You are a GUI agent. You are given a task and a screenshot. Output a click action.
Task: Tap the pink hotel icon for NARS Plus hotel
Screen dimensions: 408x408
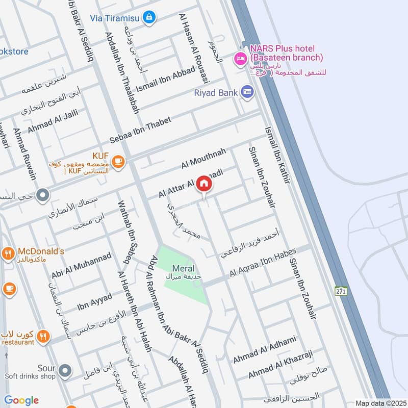click(240, 59)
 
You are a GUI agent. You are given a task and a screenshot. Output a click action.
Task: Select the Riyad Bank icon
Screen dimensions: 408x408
click(247, 92)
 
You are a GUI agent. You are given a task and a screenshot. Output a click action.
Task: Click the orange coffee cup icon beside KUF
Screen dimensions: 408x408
click(118, 162)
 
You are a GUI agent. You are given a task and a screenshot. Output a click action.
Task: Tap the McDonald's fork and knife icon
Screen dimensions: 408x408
click(8, 252)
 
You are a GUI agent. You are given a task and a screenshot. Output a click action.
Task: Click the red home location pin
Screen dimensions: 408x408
click(204, 185)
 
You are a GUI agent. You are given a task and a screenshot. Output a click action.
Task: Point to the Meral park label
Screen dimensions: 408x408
click(183, 269)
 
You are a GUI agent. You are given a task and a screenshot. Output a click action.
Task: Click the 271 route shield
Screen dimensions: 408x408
click(341, 291)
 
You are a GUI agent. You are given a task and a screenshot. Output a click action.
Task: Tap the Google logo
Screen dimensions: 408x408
click(21, 400)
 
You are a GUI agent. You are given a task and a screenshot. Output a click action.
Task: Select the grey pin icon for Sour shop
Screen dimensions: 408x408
click(64, 371)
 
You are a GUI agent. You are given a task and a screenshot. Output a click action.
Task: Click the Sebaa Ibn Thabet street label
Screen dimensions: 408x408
click(140, 131)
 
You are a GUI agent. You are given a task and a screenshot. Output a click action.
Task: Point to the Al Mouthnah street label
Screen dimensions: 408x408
click(203, 158)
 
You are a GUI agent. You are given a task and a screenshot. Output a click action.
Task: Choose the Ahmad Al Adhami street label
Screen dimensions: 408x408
click(264, 349)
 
